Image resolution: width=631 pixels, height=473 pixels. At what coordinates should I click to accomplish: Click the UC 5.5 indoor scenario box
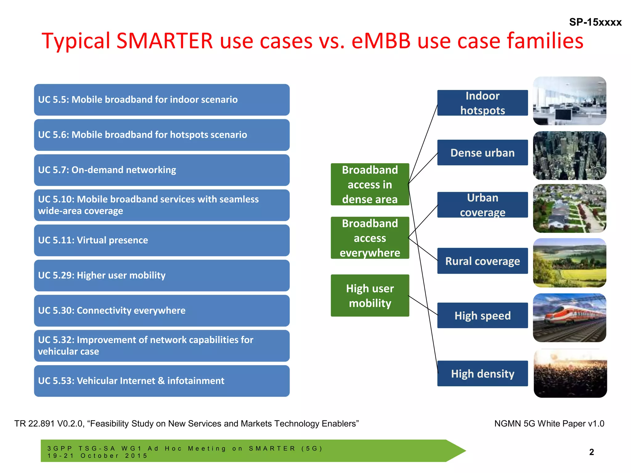pos(161,100)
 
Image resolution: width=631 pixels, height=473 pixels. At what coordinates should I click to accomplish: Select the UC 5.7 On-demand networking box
pos(161,170)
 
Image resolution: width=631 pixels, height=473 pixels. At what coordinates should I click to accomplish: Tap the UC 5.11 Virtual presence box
pos(161,240)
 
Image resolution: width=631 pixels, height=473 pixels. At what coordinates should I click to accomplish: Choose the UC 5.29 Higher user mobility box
pos(161,275)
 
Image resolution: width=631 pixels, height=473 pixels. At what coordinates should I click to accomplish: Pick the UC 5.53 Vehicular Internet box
pos(161,381)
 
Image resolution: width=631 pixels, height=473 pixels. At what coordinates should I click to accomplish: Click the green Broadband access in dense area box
pos(370,184)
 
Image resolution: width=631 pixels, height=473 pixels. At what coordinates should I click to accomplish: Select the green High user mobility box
pos(370,296)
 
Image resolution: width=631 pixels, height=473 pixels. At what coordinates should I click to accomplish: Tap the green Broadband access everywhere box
pos(370,238)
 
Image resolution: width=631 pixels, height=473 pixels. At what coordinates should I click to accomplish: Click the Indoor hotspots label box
pos(482,103)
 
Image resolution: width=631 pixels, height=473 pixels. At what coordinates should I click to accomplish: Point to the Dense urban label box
pos(482,153)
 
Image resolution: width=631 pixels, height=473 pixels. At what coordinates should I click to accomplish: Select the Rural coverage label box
pos(482,261)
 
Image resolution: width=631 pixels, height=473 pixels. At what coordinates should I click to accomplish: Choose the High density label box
pos(482,374)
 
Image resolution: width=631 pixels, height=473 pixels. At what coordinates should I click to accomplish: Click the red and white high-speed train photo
pos(569,318)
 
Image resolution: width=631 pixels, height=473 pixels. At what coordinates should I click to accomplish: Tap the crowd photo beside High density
pos(570,374)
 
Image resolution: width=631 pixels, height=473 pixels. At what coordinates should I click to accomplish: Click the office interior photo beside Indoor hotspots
pos(569,101)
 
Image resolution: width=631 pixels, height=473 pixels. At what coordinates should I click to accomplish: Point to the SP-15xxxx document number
pos(595,22)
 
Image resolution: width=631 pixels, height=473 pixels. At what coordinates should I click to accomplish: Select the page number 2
pos(591,452)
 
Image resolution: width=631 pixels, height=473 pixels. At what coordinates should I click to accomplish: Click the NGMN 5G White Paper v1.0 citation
pos(549,424)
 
